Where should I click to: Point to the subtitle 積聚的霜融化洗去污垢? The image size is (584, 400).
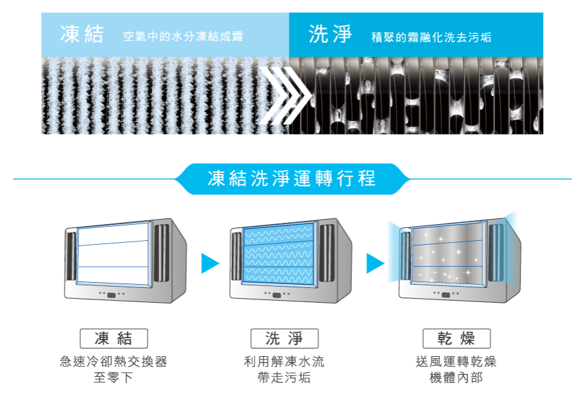(x=432, y=37)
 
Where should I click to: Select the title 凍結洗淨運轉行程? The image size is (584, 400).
(x=292, y=178)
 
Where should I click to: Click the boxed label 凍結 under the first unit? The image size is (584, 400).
(x=113, y=339)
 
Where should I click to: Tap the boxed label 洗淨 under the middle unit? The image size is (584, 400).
(x=284, y=339)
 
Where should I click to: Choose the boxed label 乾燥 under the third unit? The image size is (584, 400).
(x=456, y=339)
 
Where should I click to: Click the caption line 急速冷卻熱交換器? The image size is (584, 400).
(x=113, y=362)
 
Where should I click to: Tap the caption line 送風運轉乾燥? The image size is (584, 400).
(x=456, y=362)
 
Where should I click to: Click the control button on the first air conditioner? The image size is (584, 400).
(x=112, y=295)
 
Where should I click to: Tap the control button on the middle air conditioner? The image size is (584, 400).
(x=277, y=295)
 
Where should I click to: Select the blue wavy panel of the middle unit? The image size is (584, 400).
(x=280, y=255)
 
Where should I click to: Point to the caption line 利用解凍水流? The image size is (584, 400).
(x=284, y=362)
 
